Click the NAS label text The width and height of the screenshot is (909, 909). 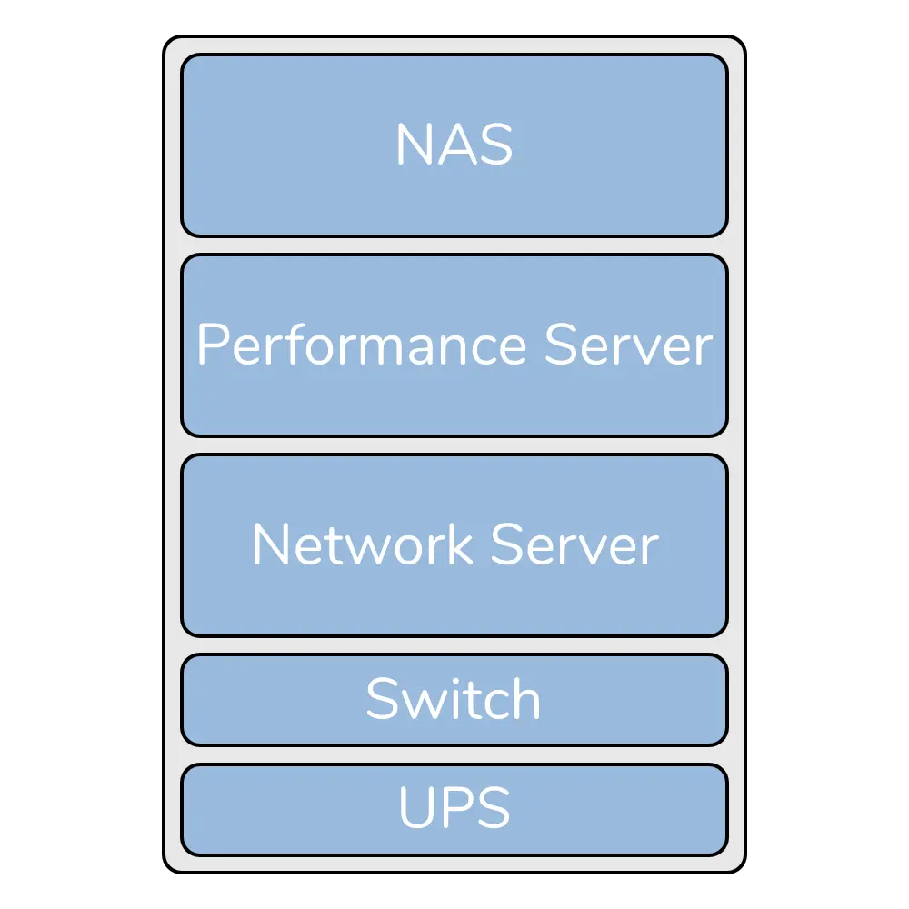click(454, 145)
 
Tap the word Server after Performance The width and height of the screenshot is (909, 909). click(628, 346)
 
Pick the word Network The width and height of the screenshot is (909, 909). click(362, 545)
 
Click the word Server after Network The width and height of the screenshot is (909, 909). click(574, 545)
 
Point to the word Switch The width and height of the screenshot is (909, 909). click(454, 699)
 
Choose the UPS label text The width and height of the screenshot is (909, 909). click(454, 807)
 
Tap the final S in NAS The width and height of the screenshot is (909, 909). click(495, 145)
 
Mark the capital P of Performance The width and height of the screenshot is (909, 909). click(211, 346)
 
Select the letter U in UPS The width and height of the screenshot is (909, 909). click(415, 807)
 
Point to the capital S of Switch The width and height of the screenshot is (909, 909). click(382, 699)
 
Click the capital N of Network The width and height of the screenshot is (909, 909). click(269, 545)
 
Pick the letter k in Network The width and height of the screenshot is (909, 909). click(462, 545)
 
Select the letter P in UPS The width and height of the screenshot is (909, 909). click(455, 807)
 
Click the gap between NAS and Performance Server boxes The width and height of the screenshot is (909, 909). click(454, 245)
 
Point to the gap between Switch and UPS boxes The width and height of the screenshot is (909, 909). click(454, 754)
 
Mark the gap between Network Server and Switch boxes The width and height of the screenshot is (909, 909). click(454, 645)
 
